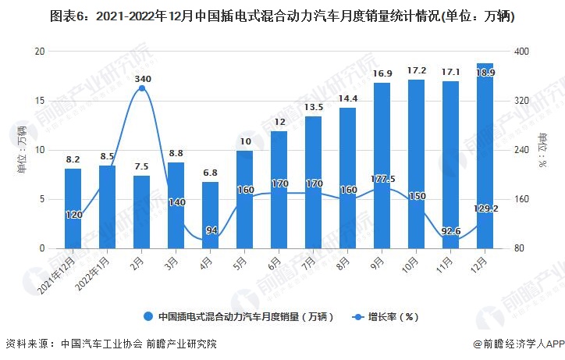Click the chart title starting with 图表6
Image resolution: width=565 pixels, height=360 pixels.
coord(282,16)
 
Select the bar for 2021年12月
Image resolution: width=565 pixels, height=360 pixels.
coord(73,209)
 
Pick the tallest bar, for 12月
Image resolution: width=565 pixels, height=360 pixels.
coord(485,156)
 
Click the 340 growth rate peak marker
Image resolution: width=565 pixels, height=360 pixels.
coord(142,88)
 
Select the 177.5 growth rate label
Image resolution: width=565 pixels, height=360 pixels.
coord(382,179)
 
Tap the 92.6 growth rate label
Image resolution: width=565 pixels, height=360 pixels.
coord(450,231)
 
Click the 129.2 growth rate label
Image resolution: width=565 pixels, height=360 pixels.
coord(485,209)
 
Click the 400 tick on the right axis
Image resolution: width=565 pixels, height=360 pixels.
coord(521,52)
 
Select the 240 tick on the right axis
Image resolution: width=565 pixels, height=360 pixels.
coord(521,150)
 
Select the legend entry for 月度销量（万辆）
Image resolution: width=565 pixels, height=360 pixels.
coord(238,317)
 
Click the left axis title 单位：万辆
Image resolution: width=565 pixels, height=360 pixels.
coord(21,149)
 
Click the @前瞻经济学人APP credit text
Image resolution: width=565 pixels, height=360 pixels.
coord(517,344)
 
